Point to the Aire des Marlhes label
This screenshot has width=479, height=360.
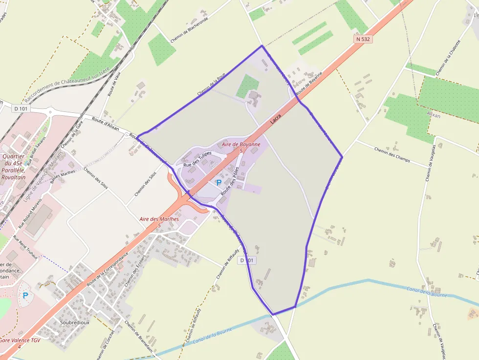[159, 219]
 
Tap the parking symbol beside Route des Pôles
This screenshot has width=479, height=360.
[219, 183]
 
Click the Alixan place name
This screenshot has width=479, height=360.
[434, 115]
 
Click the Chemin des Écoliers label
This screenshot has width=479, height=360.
[129, 272]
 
